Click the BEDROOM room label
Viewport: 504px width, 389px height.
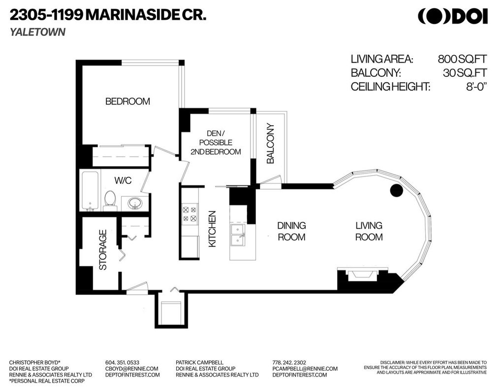[x=127, y=102]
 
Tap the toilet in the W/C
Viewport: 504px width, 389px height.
[x=110, y=200]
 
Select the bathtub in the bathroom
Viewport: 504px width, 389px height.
[x=90, y=191]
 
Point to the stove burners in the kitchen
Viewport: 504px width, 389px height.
[x=189, y=213]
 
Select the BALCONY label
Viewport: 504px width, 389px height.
[x=270, y=143]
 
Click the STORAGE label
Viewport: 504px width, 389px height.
[x=103, y=252]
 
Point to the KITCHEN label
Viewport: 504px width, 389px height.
[x=212, y=229]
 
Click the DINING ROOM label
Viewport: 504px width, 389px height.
[x=291, y=231]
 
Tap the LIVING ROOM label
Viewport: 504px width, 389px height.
[x=369, y=231]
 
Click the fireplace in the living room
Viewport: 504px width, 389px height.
[x=362, y=276]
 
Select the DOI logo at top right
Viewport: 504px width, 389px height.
[x=452, y=16]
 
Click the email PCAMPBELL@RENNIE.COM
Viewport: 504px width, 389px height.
[x=305, y=368]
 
